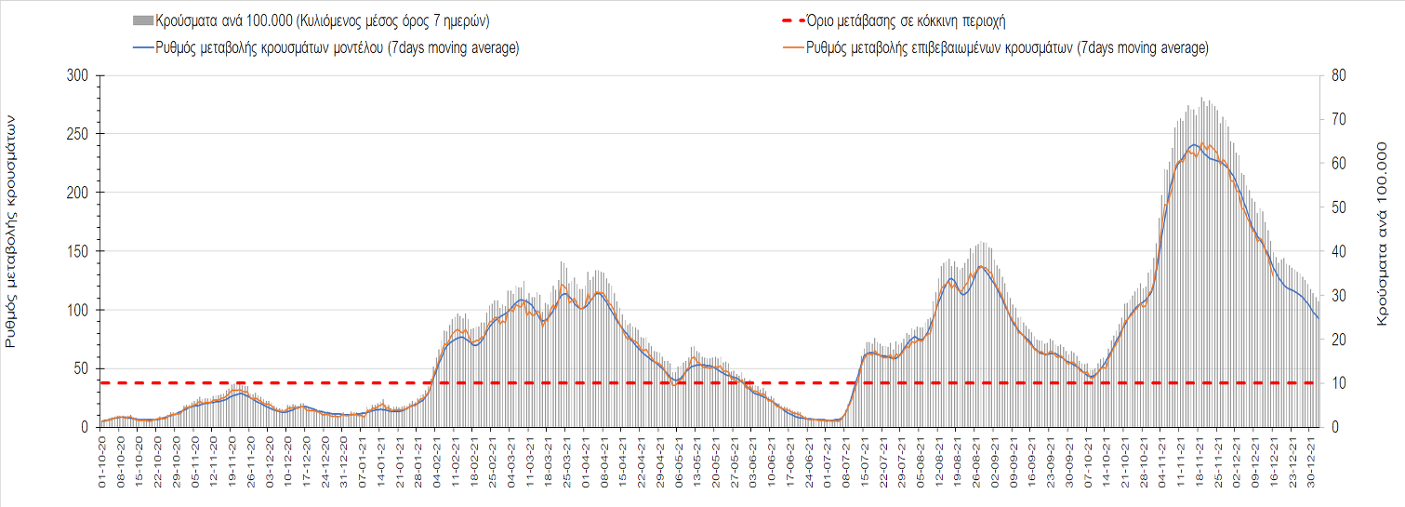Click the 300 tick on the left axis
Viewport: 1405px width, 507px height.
[x=77, y=75]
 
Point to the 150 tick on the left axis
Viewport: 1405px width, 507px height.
[x=77, y=251]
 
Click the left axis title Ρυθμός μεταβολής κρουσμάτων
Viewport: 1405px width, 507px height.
[x=12, y=231]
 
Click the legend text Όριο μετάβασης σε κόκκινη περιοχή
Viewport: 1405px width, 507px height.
[x=908, y=20]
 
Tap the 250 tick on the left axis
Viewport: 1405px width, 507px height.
[x=77, y=134]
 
